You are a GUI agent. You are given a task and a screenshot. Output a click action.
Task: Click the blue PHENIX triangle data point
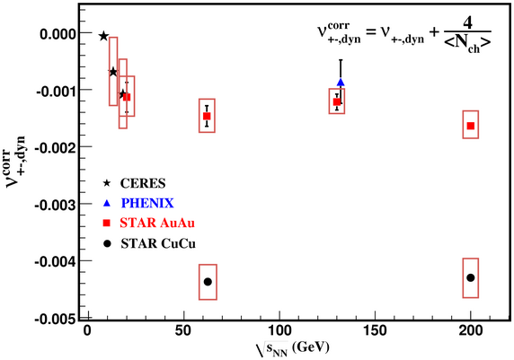[x=341, y=83]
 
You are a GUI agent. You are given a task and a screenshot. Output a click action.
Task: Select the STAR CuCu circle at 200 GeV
[x=470, y=277]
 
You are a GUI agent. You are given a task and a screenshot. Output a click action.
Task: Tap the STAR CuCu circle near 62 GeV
[x=208, y=282]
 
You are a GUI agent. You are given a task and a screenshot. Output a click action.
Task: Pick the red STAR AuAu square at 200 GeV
[x=471, y=126]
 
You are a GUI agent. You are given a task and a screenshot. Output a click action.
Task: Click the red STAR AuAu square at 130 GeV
[x=337, y=101]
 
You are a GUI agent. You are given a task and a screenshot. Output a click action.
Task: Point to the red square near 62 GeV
[x=207, y=116]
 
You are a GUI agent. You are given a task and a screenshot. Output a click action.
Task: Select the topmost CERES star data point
[x=103, y=36]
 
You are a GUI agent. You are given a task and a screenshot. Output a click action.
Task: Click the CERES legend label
[x=143, y=183]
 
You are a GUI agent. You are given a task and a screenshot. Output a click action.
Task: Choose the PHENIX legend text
[x=147, y=203]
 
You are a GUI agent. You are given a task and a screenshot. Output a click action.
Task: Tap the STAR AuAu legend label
[x=157, y=223]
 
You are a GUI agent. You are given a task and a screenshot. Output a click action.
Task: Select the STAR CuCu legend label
[x=158, y=243]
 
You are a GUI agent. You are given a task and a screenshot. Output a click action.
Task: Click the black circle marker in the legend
[x=107, y=243]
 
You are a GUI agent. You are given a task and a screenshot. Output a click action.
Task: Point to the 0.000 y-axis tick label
[x=58, y=34]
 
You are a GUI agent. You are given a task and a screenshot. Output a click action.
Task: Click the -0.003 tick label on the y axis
[x=56, y=206]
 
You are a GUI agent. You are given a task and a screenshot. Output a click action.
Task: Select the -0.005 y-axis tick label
[x=56, y=319]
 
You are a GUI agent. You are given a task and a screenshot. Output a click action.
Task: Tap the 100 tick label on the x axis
[x=279, y=331]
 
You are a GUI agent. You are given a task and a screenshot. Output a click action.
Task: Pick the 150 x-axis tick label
[x=375, y=331]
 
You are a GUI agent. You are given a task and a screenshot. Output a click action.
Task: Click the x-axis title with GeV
[x=292, y=348]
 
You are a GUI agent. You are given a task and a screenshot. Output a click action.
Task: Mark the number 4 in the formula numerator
[x=468, y=23]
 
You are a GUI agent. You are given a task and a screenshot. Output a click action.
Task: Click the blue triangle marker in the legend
[x=107, y=203]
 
